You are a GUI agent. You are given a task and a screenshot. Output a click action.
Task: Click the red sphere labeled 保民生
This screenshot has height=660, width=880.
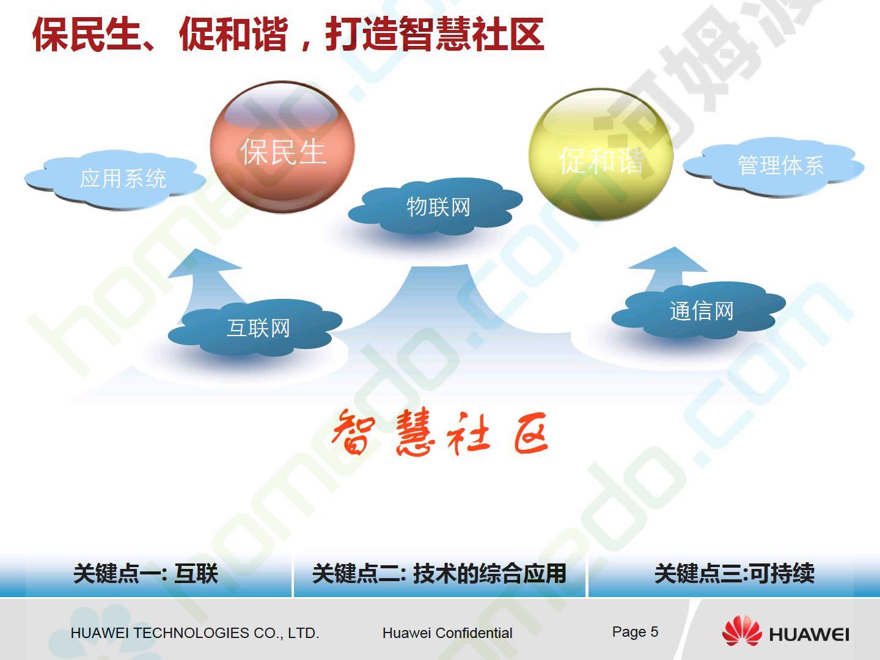click(x=283, y=147)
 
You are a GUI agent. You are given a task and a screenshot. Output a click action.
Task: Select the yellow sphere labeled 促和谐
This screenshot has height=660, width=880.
click(x=601, y=155)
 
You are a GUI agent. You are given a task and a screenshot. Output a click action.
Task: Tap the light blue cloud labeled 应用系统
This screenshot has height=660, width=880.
click(x=116, y=180)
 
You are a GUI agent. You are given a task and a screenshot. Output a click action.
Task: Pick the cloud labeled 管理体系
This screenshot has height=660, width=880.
click(x=773, y=167)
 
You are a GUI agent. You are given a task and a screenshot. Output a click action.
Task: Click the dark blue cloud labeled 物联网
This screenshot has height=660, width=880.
click(x=435, y=207)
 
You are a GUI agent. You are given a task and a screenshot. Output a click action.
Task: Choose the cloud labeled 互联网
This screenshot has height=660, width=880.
click(x=255, y=328)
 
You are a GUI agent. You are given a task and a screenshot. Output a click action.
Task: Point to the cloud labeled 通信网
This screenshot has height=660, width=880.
click(x=698, y=310)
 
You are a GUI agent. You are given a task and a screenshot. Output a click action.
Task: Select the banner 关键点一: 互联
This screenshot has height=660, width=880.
click(x=146, y=574)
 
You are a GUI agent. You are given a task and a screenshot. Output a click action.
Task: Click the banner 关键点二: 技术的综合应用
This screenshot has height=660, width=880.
click(x=439, y=574)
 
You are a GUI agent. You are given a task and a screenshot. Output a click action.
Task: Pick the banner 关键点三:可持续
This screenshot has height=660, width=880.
click(x=734, y=574)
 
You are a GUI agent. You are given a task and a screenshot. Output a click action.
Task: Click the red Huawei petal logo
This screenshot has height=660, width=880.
click(x=742, y=631)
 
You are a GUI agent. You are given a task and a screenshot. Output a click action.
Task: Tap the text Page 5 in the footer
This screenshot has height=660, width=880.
click(x=635, y=632)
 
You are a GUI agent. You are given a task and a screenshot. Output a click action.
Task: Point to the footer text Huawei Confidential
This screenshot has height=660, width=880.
click(x=447, y=633)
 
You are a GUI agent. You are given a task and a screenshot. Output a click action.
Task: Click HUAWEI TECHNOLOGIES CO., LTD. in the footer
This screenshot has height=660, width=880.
click(x=195, y=633)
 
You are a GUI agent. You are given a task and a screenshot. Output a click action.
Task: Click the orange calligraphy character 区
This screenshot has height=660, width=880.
click(x=531, y=434)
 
